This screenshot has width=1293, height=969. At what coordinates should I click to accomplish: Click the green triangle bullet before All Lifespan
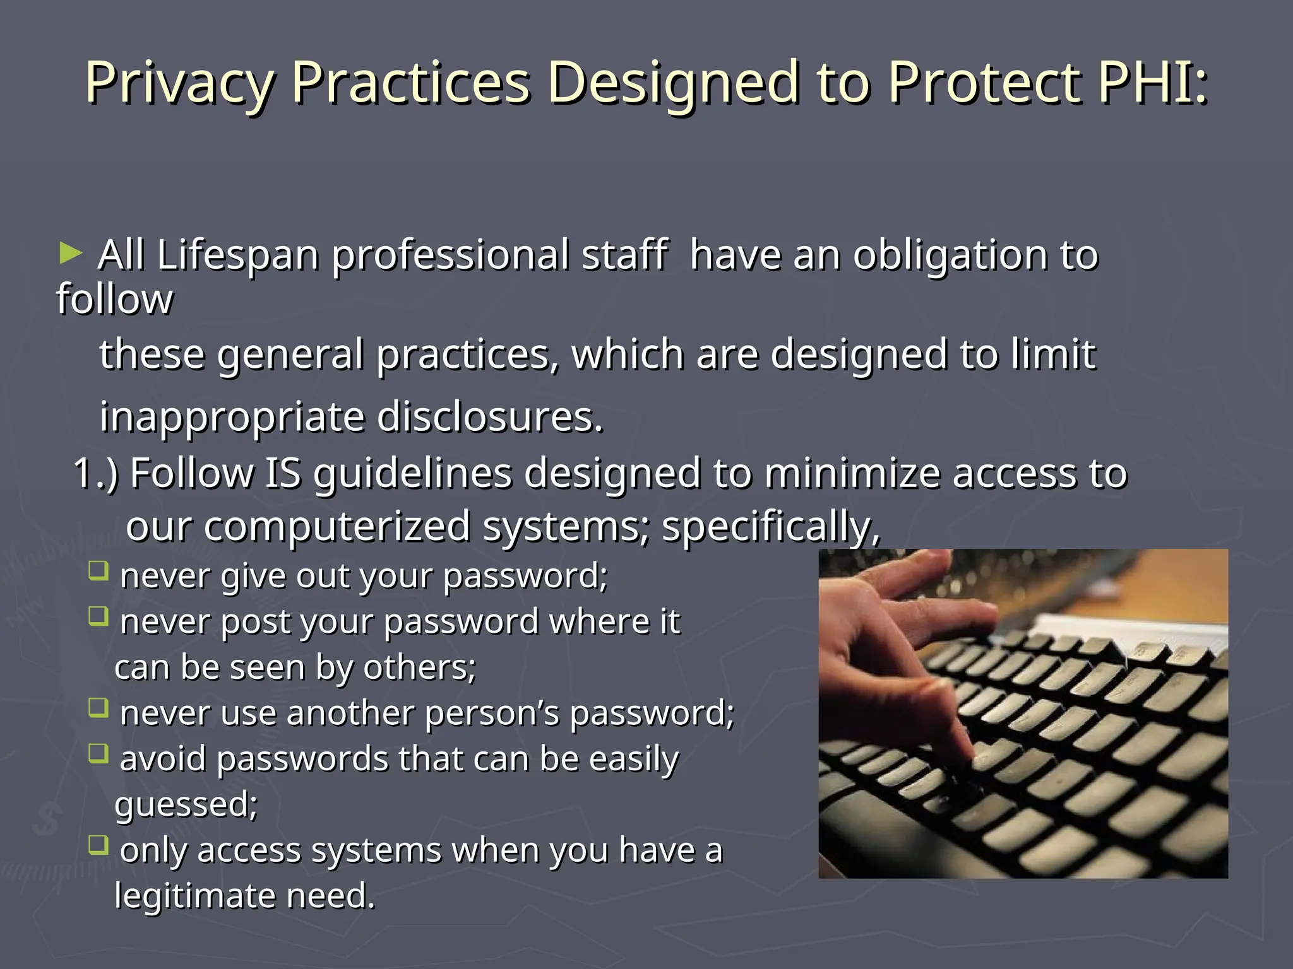click(70, 254)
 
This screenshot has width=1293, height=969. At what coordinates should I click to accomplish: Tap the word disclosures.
click(490, 417)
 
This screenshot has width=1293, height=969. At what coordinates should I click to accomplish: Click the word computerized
click(337, 527)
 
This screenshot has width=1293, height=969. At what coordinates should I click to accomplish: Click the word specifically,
click(770, 527)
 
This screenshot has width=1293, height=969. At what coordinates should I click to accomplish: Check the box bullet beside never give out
click(98, 571)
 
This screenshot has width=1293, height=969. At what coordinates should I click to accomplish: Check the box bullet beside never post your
click(98, 616)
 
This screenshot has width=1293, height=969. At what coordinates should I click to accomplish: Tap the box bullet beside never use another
click(98, 708)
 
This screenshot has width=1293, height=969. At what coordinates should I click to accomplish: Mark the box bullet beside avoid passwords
click(98, 753)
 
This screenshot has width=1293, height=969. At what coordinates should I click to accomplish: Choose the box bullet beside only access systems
click(98, 845)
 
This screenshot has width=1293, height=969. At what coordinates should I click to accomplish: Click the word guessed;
click(186, 805)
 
